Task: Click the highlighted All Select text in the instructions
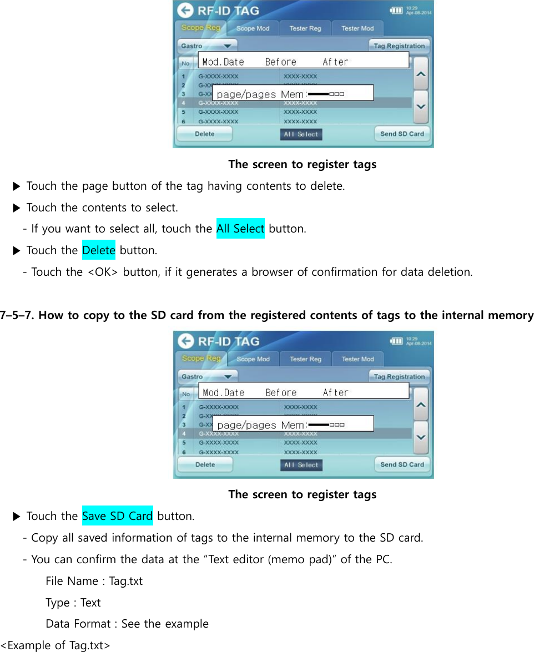coord(240,229)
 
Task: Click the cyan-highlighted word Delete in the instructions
coord(99,250)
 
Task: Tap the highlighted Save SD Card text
coord(117,516)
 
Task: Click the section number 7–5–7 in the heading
coord(17,316)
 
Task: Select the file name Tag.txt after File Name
coord(125,581)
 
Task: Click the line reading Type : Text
coord(73,603)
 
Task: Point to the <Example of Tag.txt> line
coord(56,645)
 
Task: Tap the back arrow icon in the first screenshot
coord(185,11)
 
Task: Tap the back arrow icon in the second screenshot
coord(186,341)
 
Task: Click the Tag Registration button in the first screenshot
coord(399,46)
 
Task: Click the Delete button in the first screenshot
coord(204,134)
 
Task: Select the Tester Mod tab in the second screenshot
coord(357,359)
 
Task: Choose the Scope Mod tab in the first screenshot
coord(253,28)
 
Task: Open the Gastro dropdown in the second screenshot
coord(206,377)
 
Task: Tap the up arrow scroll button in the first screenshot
coord(421,73)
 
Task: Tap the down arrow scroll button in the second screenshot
coord(421,437)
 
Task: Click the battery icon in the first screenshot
coord(396,10)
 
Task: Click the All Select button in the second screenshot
coord(301,465)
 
